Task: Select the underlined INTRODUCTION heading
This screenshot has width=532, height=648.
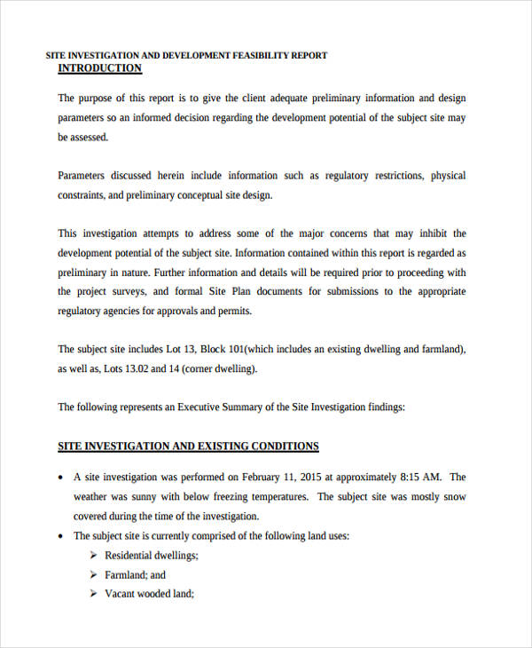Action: point(99,68)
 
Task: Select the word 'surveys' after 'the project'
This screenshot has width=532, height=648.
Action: point(129,291)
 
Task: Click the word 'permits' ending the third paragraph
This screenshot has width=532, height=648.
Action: point(232,311)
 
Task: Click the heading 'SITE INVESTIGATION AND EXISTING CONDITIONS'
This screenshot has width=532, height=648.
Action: point(188,446)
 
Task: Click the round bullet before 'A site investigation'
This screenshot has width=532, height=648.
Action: point(60,478)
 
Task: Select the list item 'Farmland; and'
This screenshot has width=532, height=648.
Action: point(135,574)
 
